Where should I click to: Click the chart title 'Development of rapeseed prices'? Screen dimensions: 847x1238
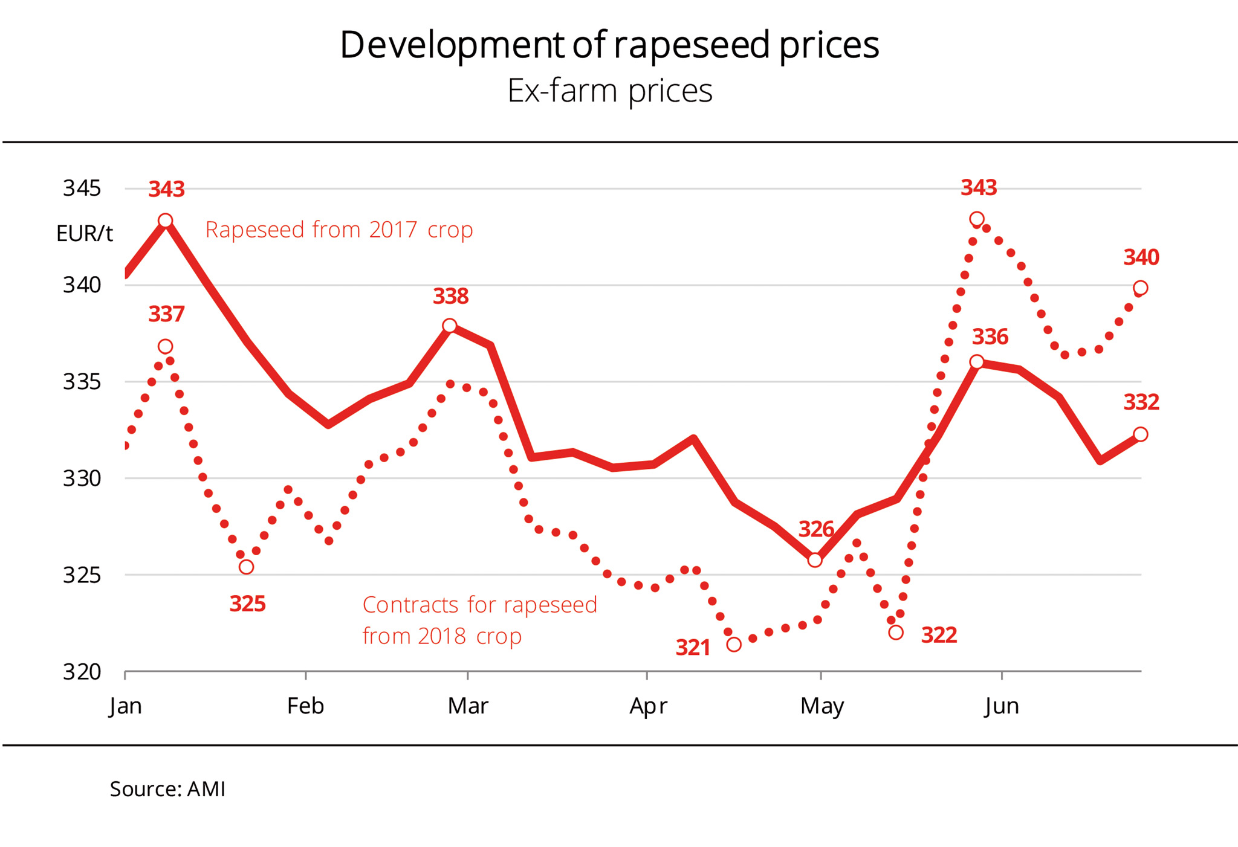(x=609, y=45)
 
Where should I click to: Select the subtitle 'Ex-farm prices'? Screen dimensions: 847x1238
(x=609, y=91)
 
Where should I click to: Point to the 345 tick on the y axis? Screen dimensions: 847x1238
(x=82, y=188)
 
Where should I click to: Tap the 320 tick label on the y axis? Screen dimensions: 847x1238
(x=82, y=672)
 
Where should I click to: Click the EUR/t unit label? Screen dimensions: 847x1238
(x=84, y=234)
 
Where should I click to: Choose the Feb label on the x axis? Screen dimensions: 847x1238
(x=305, y=706)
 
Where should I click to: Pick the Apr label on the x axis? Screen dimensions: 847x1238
(x=647, y=706)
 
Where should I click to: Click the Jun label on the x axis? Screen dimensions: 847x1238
(x=1002, y=706)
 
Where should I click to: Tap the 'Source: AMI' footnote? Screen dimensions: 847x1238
(x=167, y=789)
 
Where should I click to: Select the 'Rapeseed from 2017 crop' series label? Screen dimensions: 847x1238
(x=339, y=230)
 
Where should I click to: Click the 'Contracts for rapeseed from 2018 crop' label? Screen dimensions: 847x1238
(x=479, y=620)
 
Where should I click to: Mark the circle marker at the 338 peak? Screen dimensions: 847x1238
(x=449, y=326)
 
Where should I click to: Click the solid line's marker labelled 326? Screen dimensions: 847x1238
(x=815, y=560)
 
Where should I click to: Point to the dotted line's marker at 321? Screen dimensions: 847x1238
(x=734, y=645)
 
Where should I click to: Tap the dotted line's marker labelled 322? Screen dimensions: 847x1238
(x=896, y=633)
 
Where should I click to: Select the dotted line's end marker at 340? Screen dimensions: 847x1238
(x=1141, y=288)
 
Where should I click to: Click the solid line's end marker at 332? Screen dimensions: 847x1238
(x=1141, y=434)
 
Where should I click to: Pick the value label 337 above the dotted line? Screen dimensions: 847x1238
(x=166, y=314)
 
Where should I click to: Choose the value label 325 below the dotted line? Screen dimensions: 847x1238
(x=247, y=604)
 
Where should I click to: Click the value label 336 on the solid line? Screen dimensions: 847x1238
(x=990, y=337)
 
